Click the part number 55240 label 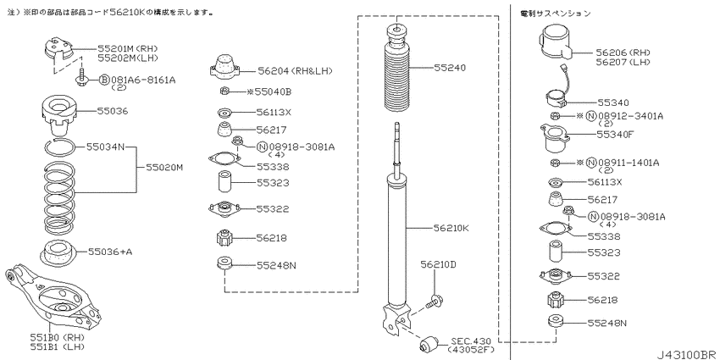(x=450, y=68)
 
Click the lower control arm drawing (x=53, y=298)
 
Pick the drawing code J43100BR (x=687, y=354)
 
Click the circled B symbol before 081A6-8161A (x=104, y=80)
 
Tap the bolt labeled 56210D (x=435, y=302)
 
